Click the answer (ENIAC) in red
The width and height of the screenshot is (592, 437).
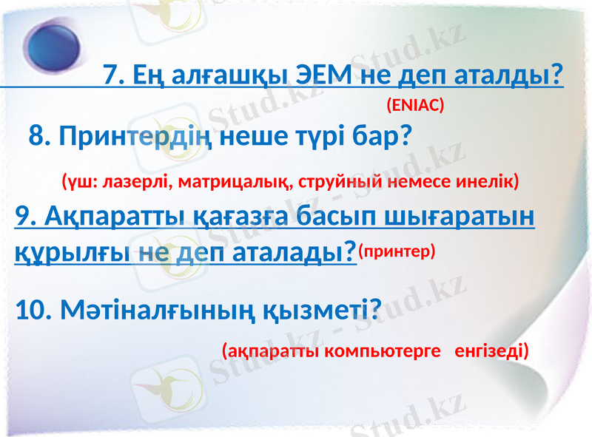click(x=414, y=106)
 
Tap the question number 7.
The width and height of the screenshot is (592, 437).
click(x=112, y=75)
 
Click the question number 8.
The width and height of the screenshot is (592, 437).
click(x=39, y=136)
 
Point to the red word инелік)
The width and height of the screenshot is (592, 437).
click(x=489, y=180)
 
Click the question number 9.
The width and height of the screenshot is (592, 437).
click(x=24, y=217)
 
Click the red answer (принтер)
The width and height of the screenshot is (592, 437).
click(x=397, y=252)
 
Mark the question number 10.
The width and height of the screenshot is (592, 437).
click(x=30, y=311)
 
